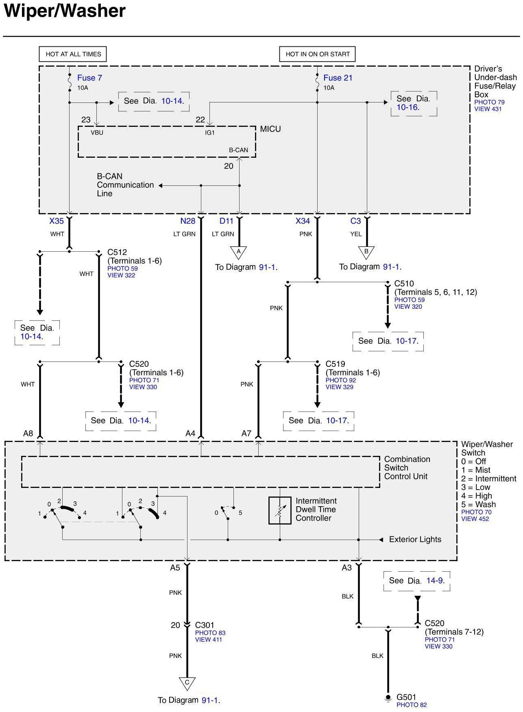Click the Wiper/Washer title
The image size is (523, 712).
click(x=65, y=11)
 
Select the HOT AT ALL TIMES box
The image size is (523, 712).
click(x=73, y=54)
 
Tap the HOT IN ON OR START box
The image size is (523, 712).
click(x=318, y=54)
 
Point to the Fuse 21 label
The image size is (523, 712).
click(x=338, y=78)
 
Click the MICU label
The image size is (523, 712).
click(x=270, y=129)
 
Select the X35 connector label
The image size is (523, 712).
click(x=57, y=221)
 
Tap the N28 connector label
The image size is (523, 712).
click(x=188, y=221)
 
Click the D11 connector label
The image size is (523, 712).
click(x=227, y=221)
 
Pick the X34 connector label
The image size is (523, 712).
click(x=303, y=221)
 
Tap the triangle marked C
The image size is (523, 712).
click(x=187, y=683)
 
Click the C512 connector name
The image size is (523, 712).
click(x=117, y=252)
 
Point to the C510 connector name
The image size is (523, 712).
click(x=404, y=283)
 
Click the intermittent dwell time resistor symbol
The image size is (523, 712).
click(x=280, y=510)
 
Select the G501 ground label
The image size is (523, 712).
click(x=406, y=697)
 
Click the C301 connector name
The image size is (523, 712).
click(x=205, y=625)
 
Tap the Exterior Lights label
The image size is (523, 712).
click(x=415, y=540)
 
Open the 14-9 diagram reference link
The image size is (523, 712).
click(x=435, y=580)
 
